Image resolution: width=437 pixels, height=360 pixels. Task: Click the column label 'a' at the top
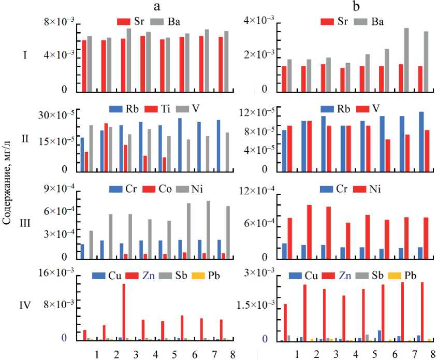pos(157,6)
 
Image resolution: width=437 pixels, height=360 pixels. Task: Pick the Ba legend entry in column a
pos(166,22)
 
